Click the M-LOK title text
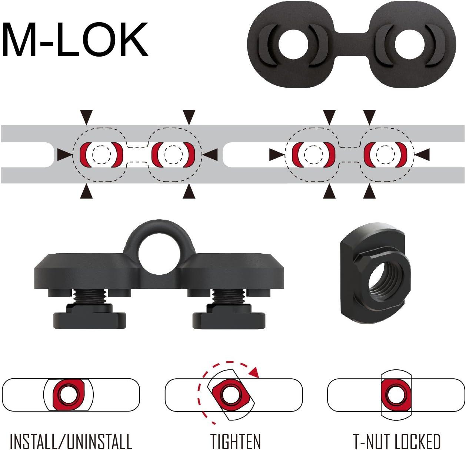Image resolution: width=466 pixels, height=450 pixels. click(x=75, y=40)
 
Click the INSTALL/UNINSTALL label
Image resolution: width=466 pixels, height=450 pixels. click(x=71, y=441)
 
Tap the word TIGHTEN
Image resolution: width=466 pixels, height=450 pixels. click(x=236, y=441)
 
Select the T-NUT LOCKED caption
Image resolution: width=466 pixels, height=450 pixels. click(x=397, y=441)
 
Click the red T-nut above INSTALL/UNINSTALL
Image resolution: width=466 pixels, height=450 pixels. click(x=68, y=395)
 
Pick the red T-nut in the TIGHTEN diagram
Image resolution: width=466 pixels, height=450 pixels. click(x=230, y=395)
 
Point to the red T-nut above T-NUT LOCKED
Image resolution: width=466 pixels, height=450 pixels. click(x=396, y=395)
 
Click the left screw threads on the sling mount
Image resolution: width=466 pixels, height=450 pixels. click(x=90, y=296)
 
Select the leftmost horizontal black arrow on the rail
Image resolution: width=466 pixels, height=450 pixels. click(x=64, y=155)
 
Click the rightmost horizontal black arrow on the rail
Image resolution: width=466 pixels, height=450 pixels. click(x=423, y=155)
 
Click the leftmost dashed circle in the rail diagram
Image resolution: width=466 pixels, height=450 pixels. click(x=101, y=155)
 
